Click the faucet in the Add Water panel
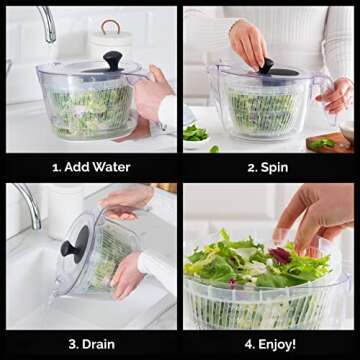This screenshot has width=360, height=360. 46,22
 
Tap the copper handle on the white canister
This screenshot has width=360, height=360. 110,25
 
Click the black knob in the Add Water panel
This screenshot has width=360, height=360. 113,61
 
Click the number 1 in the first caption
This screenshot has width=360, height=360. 55,166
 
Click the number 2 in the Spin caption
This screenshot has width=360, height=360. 250,166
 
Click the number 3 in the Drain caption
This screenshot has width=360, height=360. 72,343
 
